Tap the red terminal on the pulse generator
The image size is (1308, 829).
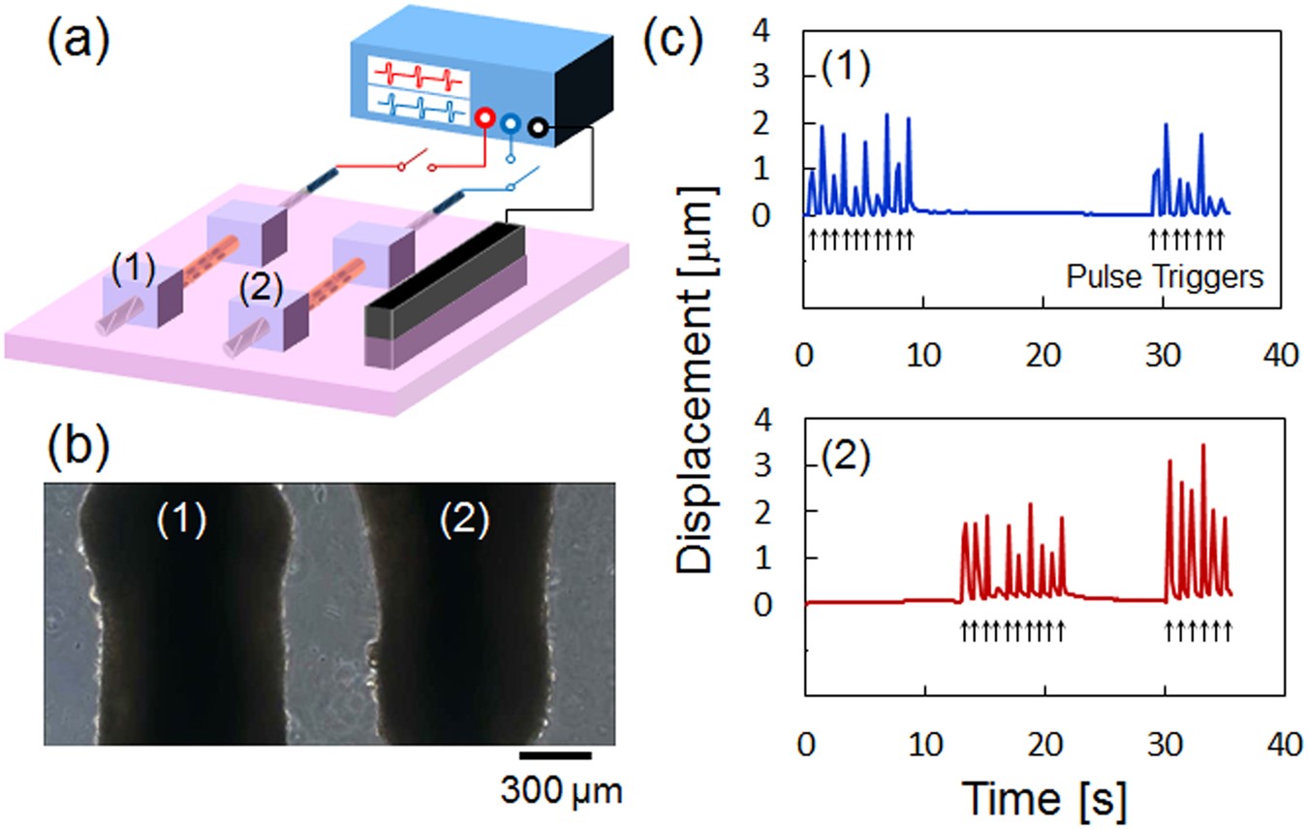(482, 119)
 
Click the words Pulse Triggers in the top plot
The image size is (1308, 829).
(1165, 277)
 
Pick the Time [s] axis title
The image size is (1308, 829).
(1044, 800)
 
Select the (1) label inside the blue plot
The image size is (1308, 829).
(843, 70)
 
